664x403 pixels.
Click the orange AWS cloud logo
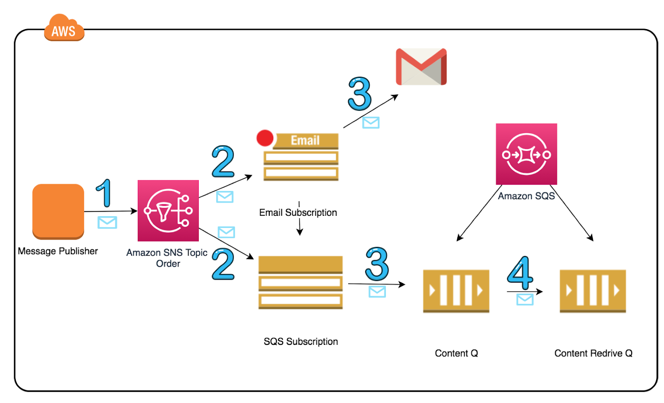tap(64, 28)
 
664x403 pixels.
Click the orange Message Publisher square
tap(58, 211)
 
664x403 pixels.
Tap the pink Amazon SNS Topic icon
tap(168, 210)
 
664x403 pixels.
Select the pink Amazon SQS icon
tap(526, 154)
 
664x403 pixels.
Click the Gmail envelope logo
tap(421, 67)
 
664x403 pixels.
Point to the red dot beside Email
tap(265, 138)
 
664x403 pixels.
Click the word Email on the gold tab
tap(305, 140)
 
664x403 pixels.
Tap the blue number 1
tap(104, 193)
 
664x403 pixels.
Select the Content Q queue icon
tap(456, 291)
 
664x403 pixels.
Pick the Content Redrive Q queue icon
tap(592, 291)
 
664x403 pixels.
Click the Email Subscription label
tap(298, 212)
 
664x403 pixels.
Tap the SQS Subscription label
tap(300, 341)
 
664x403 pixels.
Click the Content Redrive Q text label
tap(593, 353)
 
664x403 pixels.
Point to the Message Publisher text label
tap(58, 251)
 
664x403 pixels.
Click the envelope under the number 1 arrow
tap(107, 222)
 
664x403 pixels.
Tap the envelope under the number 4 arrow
tap(525, 299)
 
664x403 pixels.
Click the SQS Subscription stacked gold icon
tap(300, 282)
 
